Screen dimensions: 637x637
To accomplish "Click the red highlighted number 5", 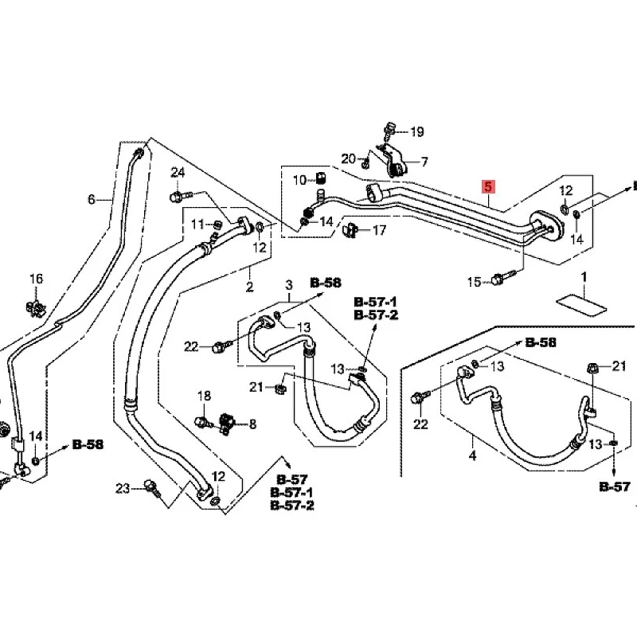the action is (x=488, y=186).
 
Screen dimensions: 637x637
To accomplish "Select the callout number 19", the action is (x=416, y=131).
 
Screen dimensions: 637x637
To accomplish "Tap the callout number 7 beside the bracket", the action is (x=424, y=162).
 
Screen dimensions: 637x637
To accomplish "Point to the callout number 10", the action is (x=300, y=180).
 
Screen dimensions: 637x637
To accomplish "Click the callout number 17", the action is (x=379, y=230).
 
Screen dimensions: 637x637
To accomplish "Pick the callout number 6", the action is (x=92, y=199).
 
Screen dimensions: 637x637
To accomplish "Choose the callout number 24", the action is (x=178, y=173).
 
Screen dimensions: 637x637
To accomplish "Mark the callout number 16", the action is (x=36, y=279).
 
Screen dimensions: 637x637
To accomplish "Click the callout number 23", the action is (x=123, y=488).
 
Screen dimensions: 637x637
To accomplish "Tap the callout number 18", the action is (x=205, y=395).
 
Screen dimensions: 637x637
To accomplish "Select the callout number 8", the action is (x=252, y=424).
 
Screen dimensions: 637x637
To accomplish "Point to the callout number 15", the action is (x=474, y=282).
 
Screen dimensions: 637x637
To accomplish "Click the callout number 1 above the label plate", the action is (x=584, y=277).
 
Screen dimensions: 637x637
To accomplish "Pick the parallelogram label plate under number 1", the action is (x=581, y=304).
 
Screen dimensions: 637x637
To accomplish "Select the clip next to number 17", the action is (x=350, y=230).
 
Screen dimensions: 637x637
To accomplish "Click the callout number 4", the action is (x=472, y=455).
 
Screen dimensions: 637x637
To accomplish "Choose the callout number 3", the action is (x=289, y=285).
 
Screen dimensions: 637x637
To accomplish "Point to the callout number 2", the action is (x=249, y=287).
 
